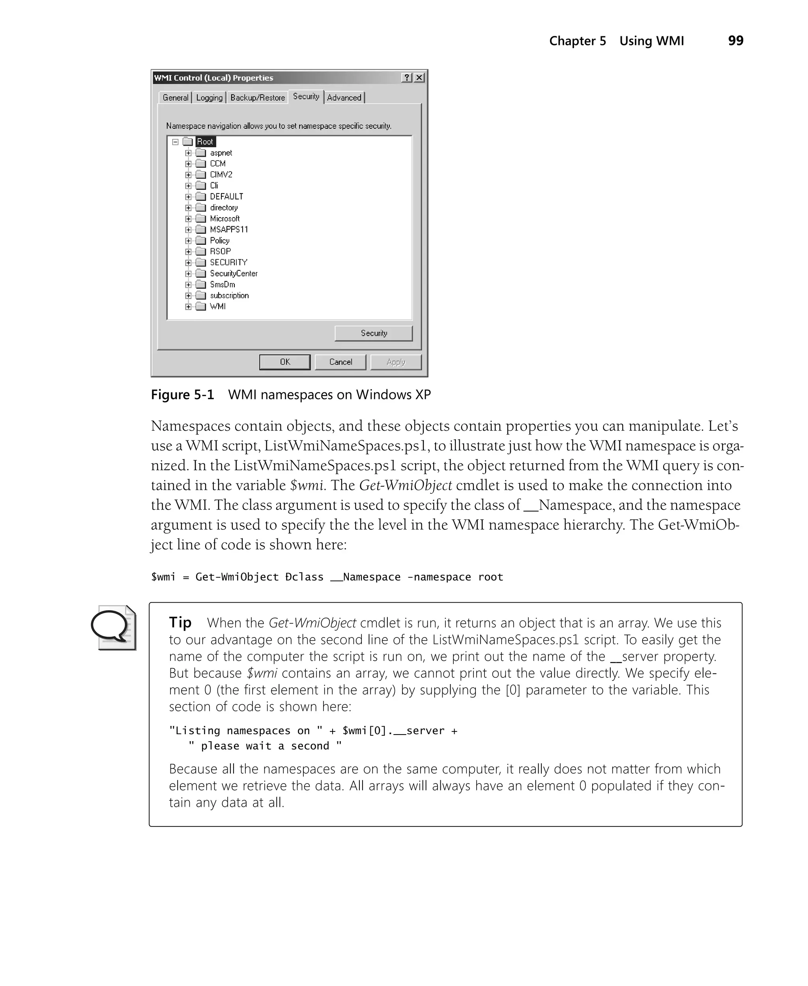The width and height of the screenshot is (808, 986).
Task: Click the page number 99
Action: click(x=735, y=41)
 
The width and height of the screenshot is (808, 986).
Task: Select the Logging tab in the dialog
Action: click(x=209, y=97)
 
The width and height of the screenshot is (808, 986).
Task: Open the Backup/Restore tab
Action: click(x=257, y=97)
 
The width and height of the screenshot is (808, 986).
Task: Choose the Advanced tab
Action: click(x=344, y=97)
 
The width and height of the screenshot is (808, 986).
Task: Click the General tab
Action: click(x=176, y=97)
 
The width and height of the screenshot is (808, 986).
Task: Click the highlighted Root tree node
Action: click(x=205, y=142)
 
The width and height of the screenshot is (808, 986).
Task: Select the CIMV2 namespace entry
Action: click(x=221, y=174)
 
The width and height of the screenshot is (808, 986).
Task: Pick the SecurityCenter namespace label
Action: click(x=233, y=273)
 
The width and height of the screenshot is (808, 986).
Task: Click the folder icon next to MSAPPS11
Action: click(x=200, y=229)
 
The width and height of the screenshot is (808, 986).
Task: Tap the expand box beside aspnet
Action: click(x=188, y=153)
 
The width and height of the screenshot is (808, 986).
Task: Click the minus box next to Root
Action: click(x=176, y=142)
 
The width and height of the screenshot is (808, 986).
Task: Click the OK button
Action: click(x=285, y=362)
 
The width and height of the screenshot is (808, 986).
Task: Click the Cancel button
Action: click(x=340, y=362)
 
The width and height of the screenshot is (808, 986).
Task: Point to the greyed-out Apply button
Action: click(x=396, y=362)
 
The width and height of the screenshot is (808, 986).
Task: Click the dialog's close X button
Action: click(x=419, y=78)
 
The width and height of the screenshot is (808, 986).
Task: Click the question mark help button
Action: click(x=407, y=78)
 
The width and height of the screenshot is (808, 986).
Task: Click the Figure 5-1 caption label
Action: click(x=182, y=394)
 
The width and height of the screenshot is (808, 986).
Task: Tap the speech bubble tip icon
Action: click(x=113, y=627)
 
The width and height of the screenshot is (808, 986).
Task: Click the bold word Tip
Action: click(x=180, y=622)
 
